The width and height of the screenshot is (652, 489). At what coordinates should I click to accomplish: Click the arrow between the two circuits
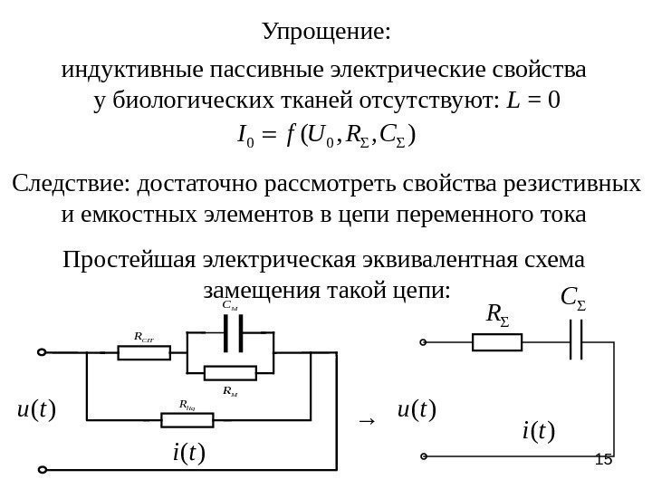[366, 420]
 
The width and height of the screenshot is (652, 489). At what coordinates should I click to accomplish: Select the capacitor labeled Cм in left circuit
[231, 334]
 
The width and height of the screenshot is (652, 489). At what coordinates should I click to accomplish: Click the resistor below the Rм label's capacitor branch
[231, 372]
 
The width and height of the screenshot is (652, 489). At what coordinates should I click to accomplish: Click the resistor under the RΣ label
[496, 342]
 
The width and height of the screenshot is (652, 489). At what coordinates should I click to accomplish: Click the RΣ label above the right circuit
[497, 314]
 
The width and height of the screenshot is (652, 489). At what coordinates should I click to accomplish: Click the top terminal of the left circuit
[41, 352]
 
